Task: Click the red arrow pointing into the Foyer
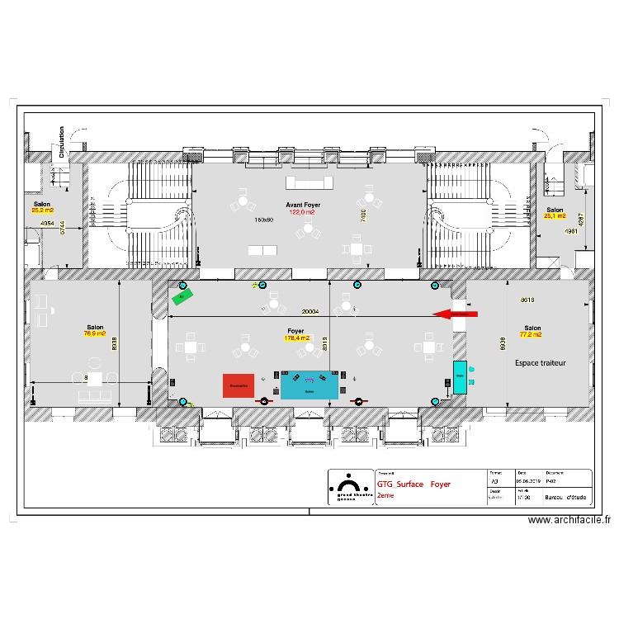(455, 314)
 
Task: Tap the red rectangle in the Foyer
(239, 385)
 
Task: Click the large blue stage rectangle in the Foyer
(309, 385)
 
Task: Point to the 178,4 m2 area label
(296, 338)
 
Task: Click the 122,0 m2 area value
(301, 212)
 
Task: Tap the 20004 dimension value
(310, 313)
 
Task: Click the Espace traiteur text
(540, 362)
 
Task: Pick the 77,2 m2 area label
(531, 335)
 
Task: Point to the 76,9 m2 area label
(95, 333)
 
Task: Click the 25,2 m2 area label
(42, 210)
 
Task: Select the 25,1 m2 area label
(555, 216)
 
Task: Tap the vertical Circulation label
(61, 141)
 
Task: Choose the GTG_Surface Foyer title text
(413, 485)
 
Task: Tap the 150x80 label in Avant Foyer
(263, 220)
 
